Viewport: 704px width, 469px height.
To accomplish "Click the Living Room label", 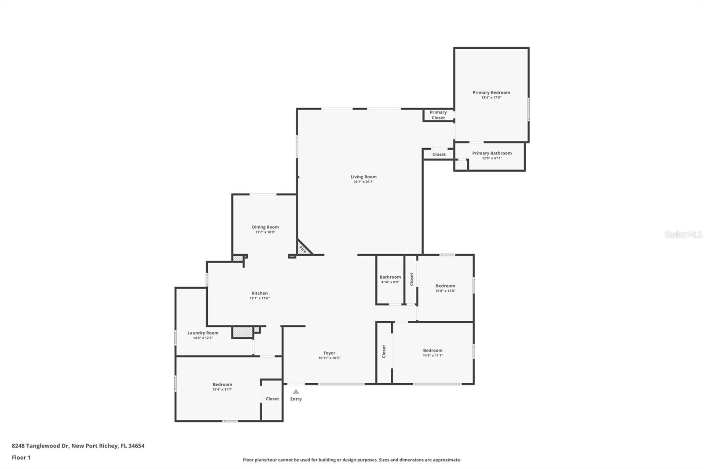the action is pos(363,177).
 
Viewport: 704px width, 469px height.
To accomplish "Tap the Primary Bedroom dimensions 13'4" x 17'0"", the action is pos(491,97).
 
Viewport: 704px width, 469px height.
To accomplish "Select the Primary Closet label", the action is pos(438,115).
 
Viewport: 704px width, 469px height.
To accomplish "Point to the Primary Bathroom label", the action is pos(492,153).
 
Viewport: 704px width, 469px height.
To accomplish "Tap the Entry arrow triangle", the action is pos(296,392).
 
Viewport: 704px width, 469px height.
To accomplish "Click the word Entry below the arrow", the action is pos(296,399).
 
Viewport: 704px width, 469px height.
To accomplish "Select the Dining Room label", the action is pos(265,227).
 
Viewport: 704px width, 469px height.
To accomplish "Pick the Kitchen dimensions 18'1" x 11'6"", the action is pos(260,298).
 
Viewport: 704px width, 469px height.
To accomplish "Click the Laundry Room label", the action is pos(203,333).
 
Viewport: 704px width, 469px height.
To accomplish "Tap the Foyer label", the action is pos(330,353).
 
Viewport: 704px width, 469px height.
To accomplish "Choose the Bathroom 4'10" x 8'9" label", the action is pos(390,279).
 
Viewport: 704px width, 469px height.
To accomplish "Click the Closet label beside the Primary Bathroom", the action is pos(439,154).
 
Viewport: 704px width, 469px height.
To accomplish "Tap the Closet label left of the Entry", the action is pos(272,399).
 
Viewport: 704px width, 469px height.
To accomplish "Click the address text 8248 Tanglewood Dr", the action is pos(40,446).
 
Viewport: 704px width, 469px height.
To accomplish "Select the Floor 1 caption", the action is pos(22,458).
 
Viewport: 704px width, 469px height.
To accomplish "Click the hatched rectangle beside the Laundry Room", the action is pos(242,332).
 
